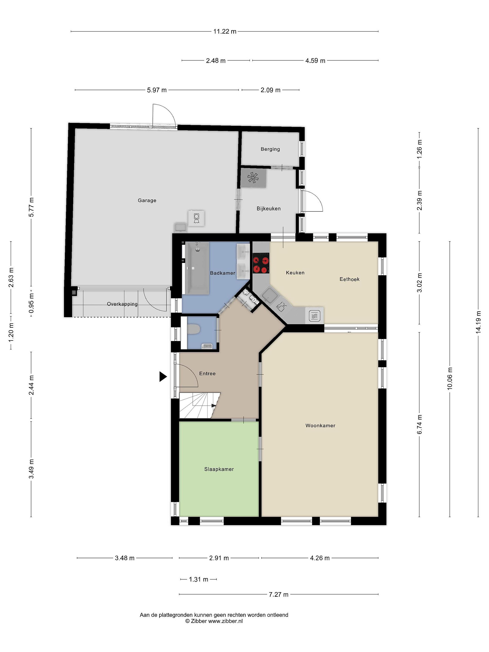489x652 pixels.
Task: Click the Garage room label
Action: [x=147, y=200]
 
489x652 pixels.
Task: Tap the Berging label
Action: [x=270, y=149]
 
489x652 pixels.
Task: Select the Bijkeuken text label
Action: [x=268, y=209]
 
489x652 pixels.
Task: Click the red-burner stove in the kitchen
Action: [x=261, y=263]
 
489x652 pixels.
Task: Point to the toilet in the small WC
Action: [x=194, y=329]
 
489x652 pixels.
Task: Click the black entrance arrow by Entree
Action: [x=163, y=376]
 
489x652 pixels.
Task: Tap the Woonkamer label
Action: [x=320, y=426]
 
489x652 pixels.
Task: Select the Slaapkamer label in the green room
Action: [x=219, y=469]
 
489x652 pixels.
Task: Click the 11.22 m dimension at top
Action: [x=225, y=31]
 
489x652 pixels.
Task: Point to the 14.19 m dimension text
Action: [x=478, y=322]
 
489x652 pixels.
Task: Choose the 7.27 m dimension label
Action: [x=278, y=594]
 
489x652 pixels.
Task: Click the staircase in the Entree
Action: [x=199, y=405]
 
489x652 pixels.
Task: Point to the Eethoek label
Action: [x=349, y=279]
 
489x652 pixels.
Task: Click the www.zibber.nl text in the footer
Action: [x=225, y=621]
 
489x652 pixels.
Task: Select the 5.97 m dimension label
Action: [x=157, y=90]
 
